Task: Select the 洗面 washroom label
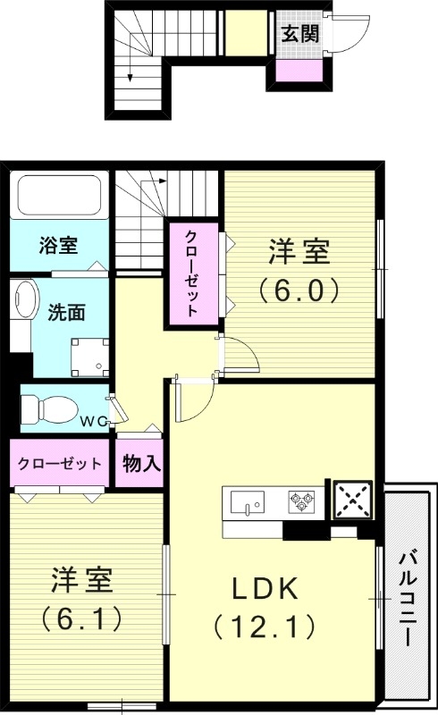tap(66, 313)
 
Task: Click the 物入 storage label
tap(141, 464)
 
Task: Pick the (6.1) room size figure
tap(81, 617)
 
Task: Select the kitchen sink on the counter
tap(247, 503)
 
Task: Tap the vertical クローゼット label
tap(191, 273)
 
